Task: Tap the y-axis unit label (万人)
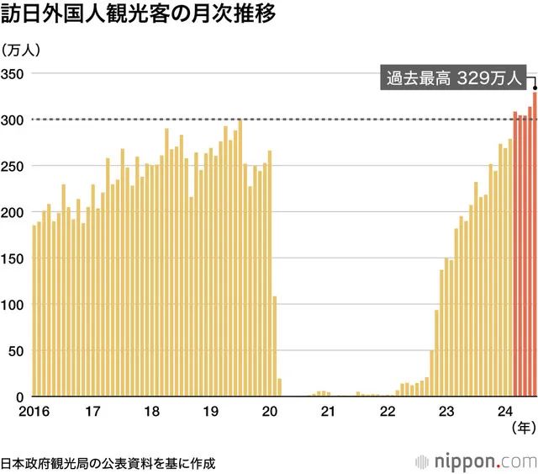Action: pos(26,51)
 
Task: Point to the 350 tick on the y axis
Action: pos(14,74)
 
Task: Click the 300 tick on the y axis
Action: pos(14,120)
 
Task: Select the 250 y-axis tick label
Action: pos(14,166)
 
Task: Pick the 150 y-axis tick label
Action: pos(14,258)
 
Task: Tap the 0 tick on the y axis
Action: pos(21,397)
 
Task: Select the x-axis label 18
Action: pos(152,412)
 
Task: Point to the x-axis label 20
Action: pos(270,412)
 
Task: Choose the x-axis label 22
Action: pos(388,412)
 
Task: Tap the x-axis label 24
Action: pos(506,412)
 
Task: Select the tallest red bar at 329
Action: pos(535,244)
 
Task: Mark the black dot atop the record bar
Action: pos(535,86)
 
